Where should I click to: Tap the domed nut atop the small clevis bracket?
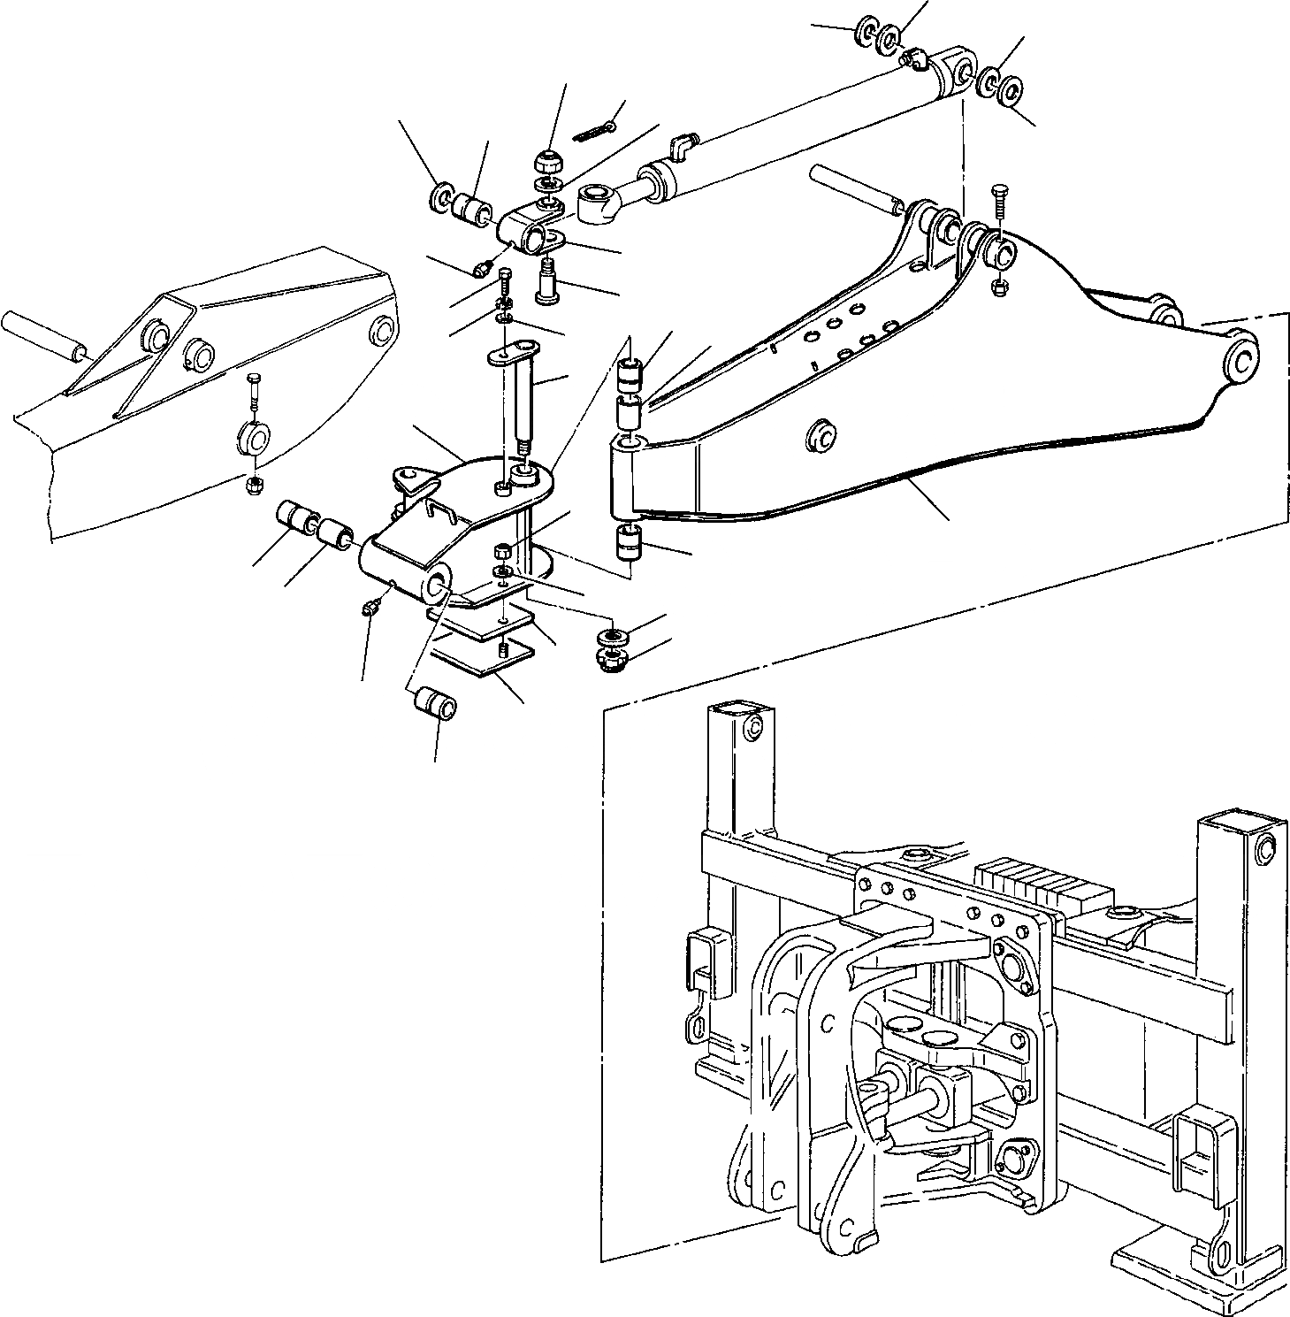click(548, 162)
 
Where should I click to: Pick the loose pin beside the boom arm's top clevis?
click(853, 188)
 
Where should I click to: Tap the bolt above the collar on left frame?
click(254, 390)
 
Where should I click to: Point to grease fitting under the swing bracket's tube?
click(371, 607)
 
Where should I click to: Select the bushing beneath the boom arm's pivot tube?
click(628, 542)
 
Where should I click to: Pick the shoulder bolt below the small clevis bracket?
click(549, 282)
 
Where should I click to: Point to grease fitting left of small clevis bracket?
click(484, 267)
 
